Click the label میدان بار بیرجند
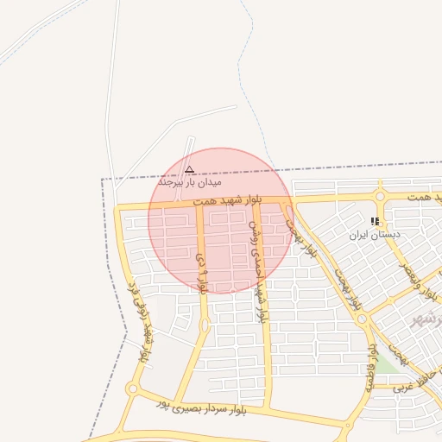tap(190, 183)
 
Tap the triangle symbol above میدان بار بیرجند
tap(190, 169)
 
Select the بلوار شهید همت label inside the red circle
tap(227, 200)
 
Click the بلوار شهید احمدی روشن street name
tap(256, 268)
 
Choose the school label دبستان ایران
tap(371, 234)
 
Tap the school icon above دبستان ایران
tap(374, 222)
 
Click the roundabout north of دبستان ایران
tap(380, 197)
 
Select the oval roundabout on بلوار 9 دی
tap(205, 325)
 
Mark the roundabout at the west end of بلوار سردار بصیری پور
tap(132, 389)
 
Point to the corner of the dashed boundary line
tap(104, 180)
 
